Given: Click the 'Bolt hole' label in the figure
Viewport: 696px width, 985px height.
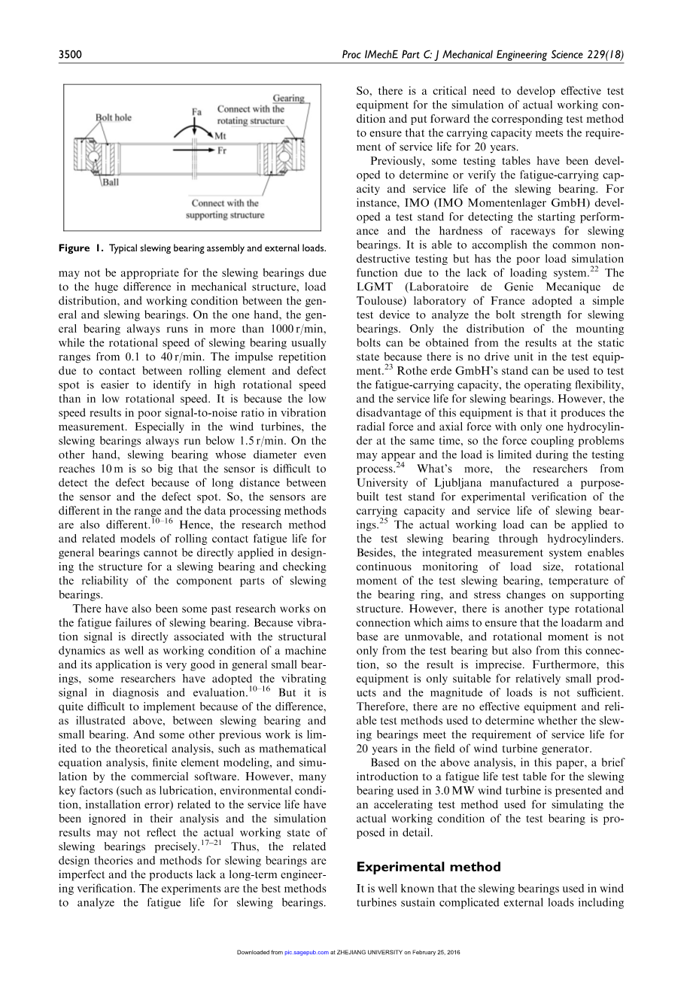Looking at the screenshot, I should pyautogui.click(x=113, y=117).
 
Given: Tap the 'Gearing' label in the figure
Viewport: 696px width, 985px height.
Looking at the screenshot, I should pyautogui.click(x=288, y=98).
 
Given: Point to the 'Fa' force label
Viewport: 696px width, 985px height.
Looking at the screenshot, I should pyautogui.click(x=196, y=111).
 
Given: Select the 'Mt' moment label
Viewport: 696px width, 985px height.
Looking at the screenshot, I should pyautogui.click(x=220, y=135).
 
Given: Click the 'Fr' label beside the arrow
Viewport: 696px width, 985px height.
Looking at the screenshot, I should pyautogui.click(x=221, y=150).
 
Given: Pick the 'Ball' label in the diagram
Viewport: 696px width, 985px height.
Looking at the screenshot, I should pyautogui.click(x=110, y=181).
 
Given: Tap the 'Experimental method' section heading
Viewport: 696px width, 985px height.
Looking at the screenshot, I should pyautogui.click(x=428, y=866).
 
